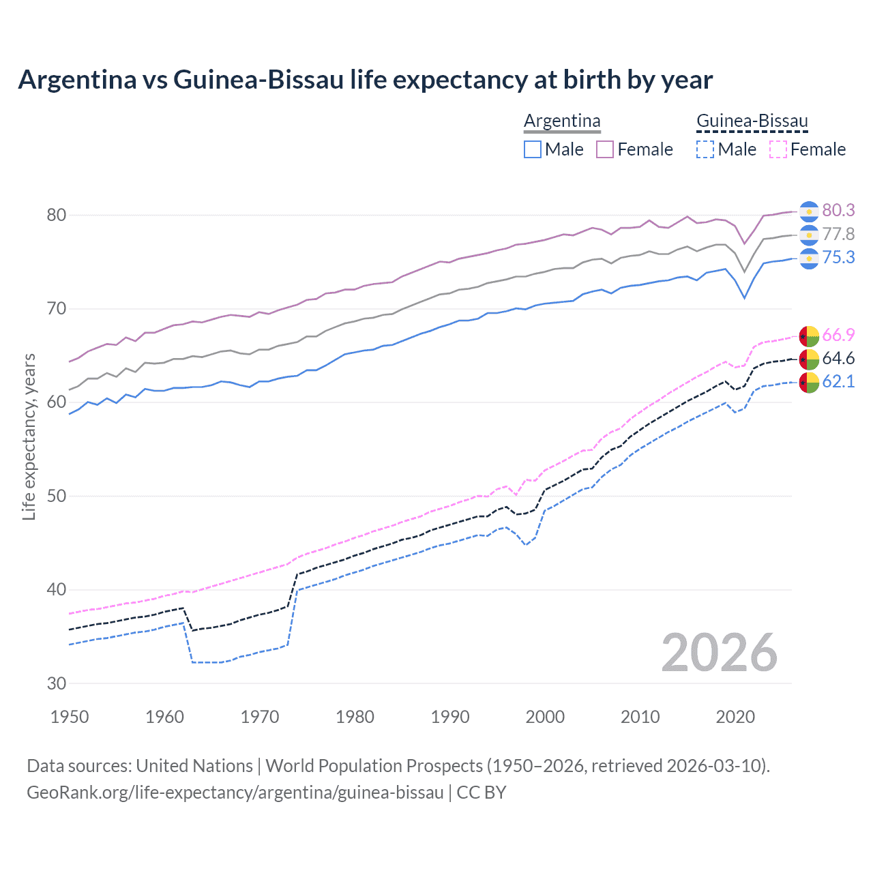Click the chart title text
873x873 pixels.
pos(365,80)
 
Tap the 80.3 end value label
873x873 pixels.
pos(838,210)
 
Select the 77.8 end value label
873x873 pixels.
pos(838,234)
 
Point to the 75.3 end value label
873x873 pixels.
pos(838,257)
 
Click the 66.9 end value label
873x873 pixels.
pos(838,335)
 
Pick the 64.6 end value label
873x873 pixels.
pos(838,358)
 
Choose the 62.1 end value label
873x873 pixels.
pos(838,381)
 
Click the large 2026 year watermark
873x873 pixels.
pos(719,653)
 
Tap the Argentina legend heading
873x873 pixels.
pos(562,121)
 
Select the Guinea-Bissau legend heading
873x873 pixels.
pos(752,121)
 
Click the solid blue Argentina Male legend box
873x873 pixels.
pos(533,149)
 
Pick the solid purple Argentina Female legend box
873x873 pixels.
pos(605,149)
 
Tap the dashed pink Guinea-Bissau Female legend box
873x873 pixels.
pos(778,149)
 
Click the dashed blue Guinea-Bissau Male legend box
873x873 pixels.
pos(705,149)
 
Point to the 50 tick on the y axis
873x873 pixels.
pos(57,496)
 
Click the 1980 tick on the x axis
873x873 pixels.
pos(355,717)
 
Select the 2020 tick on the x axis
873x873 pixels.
pos(735,717)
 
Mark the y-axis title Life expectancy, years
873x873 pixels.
pos(29,436)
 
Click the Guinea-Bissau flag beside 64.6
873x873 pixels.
pos(808,359)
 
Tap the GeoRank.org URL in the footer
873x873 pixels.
pos(235,792)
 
